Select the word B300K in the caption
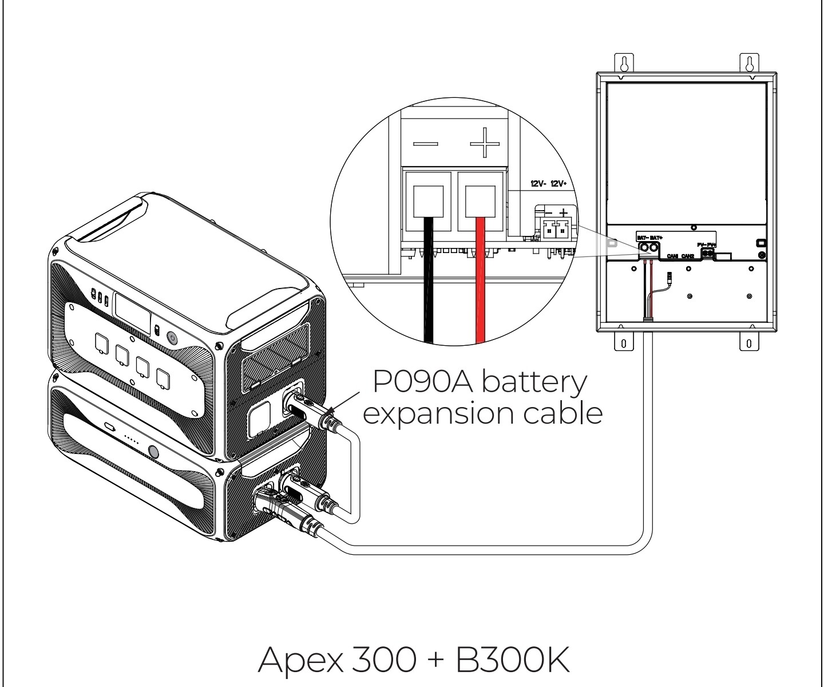click(513, 659)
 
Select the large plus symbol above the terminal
click(484, 143)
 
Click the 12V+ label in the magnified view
click(558, 184)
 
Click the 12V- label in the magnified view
click(538, 184)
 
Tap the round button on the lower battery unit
click(153, 451)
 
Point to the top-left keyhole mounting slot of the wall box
click(624, 63)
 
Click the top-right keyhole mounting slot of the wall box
click(749, 62)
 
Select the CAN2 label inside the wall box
click(688, 256)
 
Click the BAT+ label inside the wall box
click(655, 236)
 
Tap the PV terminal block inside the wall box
click(708, 252)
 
